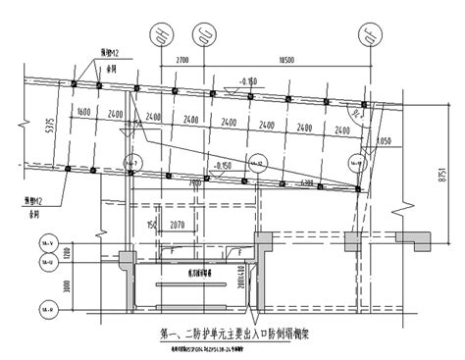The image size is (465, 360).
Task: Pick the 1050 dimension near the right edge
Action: [x=384, y=141]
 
